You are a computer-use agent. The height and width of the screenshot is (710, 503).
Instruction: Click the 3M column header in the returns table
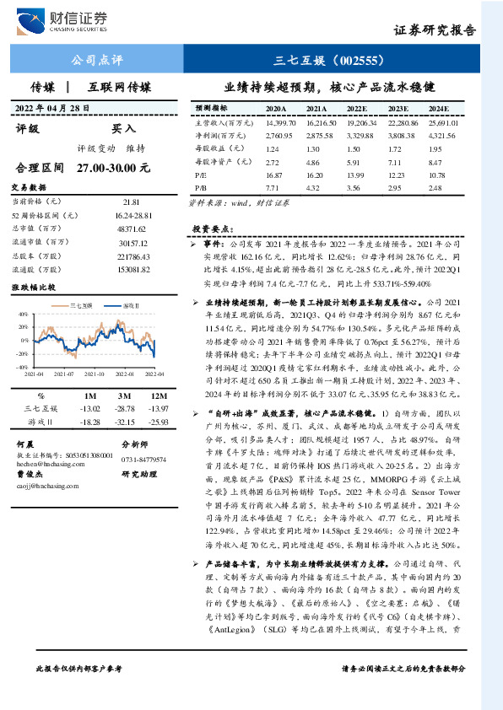tap(123, 395)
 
